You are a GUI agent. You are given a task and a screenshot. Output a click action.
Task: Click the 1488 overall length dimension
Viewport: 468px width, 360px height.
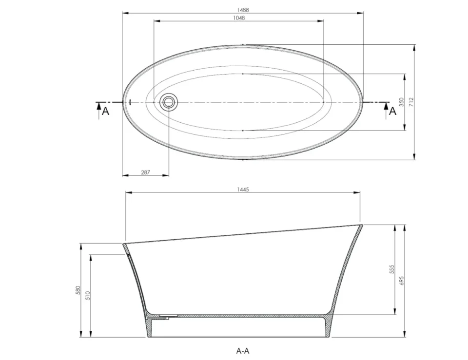point(242,9)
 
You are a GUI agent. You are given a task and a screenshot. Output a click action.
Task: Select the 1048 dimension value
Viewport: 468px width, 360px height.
point(238,18)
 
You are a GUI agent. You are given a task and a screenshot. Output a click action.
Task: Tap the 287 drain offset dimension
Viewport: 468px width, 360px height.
point(145,172)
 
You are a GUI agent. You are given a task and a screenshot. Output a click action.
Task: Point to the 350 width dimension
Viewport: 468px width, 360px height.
point(401,102)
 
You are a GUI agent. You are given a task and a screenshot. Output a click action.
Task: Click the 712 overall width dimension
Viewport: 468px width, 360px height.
point(411,102)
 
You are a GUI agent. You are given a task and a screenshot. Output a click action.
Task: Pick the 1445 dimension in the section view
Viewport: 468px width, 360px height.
point(243,189)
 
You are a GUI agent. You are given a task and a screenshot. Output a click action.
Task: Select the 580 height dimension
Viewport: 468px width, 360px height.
point(78,290)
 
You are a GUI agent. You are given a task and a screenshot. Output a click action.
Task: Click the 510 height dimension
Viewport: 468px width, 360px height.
point(88,295)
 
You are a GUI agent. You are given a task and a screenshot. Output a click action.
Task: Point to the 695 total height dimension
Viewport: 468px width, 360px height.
point(402,281)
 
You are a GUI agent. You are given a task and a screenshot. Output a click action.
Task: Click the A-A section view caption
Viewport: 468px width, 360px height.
point(243,350)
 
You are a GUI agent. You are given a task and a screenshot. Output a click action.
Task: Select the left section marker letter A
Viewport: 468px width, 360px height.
point(105,112)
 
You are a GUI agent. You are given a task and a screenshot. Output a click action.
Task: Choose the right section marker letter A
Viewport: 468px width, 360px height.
point(392,112)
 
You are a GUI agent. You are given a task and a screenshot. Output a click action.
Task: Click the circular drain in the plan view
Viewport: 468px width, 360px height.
point(169,102)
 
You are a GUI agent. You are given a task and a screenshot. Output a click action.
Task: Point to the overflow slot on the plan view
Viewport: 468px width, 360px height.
point(130,102)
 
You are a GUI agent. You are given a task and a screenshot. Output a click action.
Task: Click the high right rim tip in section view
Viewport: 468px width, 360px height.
point(361,225)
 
